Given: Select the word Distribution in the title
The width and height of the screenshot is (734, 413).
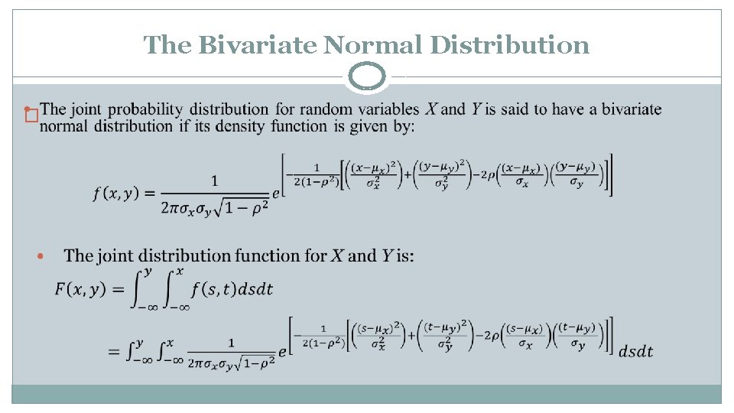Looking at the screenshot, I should (x=510, y=45).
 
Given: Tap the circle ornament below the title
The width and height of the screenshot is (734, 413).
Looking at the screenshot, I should (x=367, y=77).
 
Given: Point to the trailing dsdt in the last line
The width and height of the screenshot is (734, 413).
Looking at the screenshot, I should (x=635, y=351).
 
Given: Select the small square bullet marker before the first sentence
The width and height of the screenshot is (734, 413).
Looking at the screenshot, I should (x=31, y=116).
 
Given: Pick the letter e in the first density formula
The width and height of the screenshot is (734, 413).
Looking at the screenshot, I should (x=278, y=194).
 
